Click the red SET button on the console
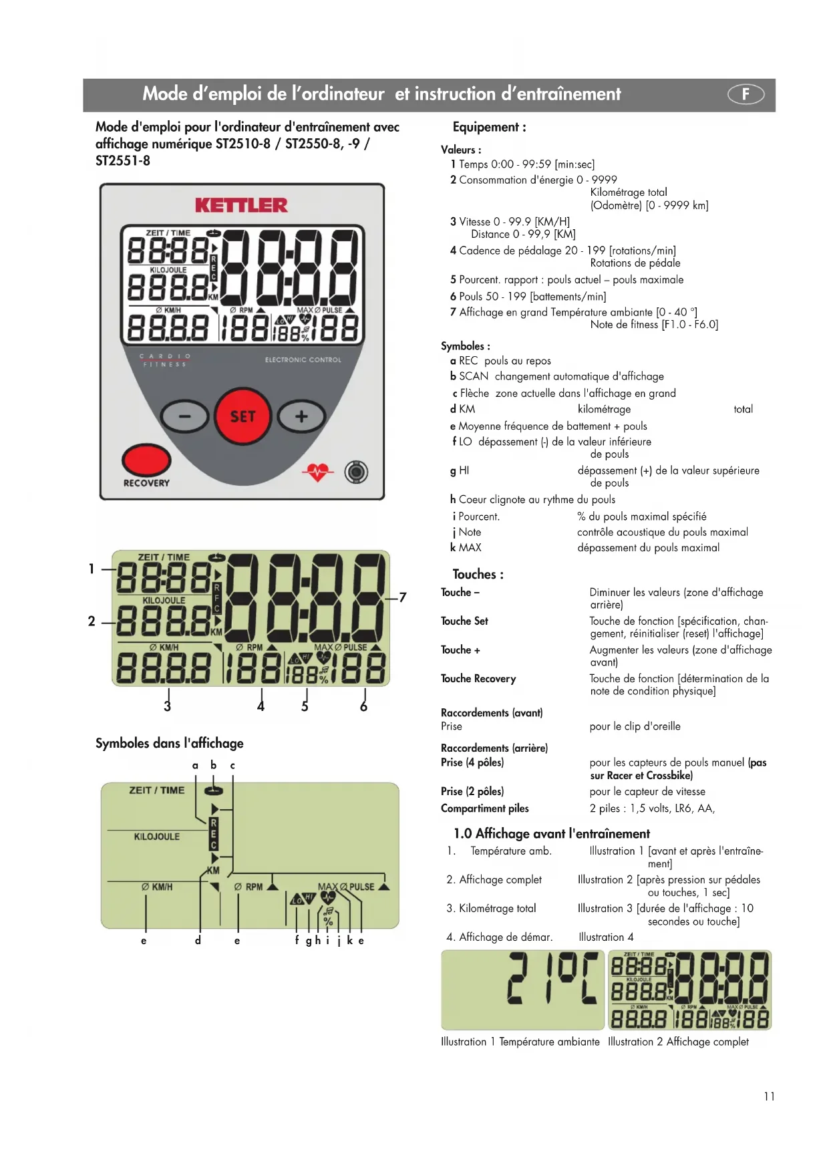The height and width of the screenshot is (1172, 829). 242,416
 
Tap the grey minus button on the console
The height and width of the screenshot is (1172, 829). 184,417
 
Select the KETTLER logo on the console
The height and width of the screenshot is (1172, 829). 241,205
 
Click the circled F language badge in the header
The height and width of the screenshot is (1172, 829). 745,94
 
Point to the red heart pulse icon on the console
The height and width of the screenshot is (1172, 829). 317,472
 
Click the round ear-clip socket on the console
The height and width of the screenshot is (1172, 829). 356,472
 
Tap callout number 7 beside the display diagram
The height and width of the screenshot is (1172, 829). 402,597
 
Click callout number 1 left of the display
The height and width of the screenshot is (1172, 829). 92,569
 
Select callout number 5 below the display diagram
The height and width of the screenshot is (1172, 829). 305,707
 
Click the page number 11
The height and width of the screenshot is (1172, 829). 769,1096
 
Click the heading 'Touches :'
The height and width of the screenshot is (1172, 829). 478,575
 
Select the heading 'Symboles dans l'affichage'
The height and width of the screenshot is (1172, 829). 169,743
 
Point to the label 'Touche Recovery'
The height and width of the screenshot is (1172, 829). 478,679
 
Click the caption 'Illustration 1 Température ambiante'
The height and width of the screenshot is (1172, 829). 520,1042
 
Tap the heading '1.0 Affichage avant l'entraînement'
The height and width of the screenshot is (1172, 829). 551,834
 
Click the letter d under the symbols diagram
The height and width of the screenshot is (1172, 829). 198,941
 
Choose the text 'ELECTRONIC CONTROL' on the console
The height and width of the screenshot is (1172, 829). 303,360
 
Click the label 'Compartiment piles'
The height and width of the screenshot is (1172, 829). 484,809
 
